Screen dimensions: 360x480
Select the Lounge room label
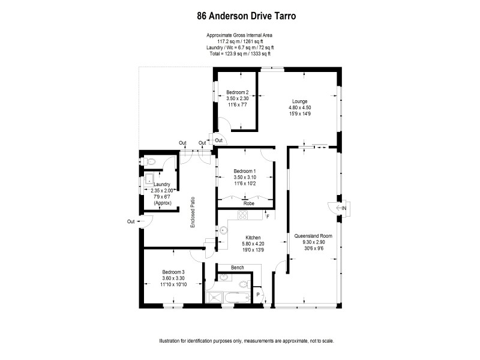[x=300, y=101]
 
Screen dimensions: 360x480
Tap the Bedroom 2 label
[x=238, y=92]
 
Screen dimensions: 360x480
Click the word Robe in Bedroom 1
[x=248, y=203]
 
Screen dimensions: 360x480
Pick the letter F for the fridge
[x=268, y=215]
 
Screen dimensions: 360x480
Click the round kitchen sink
[x=223, y=229]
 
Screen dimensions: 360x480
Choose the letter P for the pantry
[x=258, y=295]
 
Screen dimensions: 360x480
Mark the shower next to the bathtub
[x=212, y=298]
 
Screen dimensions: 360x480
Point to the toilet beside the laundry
[x=151, y=161]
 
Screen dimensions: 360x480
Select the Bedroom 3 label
[x=173, y=272]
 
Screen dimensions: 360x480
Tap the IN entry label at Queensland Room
[x=344, y=208]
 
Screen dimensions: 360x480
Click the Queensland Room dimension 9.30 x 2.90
[x=313, y=242]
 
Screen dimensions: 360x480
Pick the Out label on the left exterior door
[x=131, y=221]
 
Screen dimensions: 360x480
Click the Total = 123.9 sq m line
[x=239, y=55]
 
